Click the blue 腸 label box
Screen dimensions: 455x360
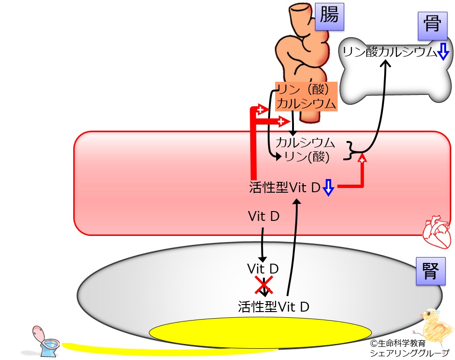(x=329, y=16)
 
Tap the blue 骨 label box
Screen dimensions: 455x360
(x=432, y=26)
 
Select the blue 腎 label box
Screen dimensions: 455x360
(x=431, y=271)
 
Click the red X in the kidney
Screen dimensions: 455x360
(x=264, y=285)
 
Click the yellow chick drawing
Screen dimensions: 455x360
(x=435, y=328)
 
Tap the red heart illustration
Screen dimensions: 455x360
(x=436, y=232)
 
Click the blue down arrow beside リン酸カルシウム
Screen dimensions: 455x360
(x=443, y=51)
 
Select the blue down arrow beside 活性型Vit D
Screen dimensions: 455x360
(x=328, y=188)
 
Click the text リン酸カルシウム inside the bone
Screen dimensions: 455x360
(x=390, y=52)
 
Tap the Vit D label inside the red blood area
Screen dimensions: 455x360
(x=264, y=216)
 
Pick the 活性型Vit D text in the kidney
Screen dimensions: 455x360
(x=274, y=306)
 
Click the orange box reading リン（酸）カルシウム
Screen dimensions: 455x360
(x=306, y=96)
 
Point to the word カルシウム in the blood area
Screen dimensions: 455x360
(x=305, y=142)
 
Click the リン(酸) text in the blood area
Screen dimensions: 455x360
(x=307, y=157)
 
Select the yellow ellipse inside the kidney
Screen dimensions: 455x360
(x=260, y=332)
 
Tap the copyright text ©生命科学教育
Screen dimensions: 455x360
(x=398, y=344)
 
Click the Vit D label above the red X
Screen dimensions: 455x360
(x=263, y=268)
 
